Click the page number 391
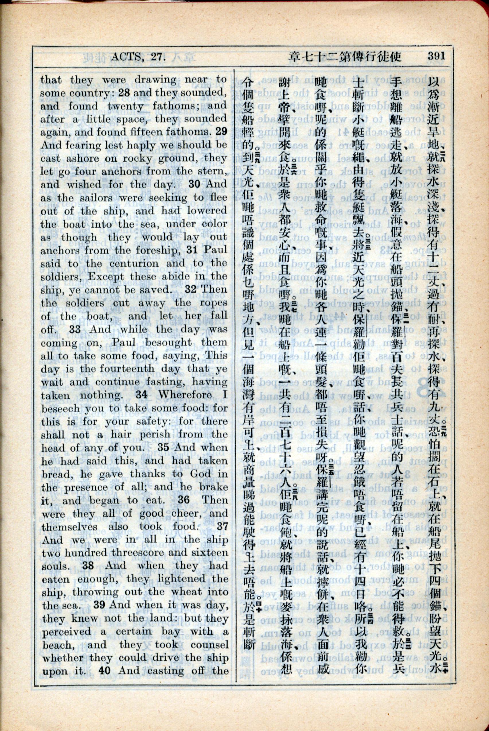[436, 56]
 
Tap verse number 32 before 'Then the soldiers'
[190, 289]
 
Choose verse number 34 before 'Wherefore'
[141, 395]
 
